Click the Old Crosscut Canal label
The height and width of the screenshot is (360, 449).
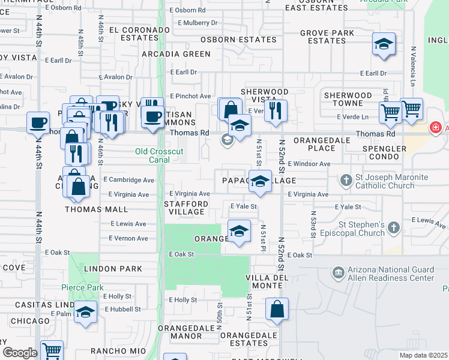(x=159, y=156)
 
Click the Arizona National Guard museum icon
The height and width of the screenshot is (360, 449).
(x=338, y=274)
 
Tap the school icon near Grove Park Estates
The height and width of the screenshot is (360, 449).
(x=384, y=45)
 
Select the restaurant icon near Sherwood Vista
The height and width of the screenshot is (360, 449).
(x=276, y=111)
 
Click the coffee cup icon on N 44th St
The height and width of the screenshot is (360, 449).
(x=38, y=123)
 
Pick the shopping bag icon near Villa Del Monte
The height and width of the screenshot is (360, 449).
(x=277, y=310)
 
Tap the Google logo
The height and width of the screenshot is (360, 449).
(x=20, y=353)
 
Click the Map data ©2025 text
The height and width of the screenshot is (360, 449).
(x=423, y=355)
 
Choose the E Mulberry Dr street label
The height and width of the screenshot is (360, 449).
(x=197, y=23)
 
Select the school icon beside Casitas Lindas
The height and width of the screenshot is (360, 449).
(x=86, y=313)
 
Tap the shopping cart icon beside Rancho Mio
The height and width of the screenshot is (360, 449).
(x=52, y=350)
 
